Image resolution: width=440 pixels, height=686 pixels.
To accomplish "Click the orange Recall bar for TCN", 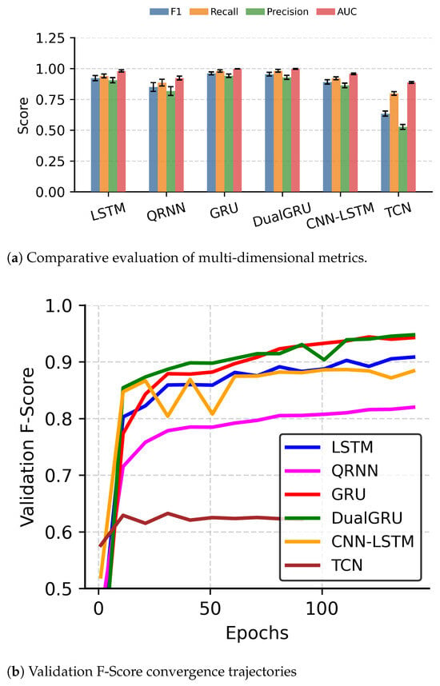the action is tap(394, 142).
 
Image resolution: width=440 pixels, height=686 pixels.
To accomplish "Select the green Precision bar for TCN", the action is tap(402, 159).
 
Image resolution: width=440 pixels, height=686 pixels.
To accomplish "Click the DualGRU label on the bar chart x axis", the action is tap(282, 214).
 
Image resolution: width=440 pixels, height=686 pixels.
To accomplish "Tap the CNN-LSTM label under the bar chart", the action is tap(340, 216).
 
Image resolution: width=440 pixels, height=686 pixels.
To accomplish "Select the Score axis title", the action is tap(22, 115).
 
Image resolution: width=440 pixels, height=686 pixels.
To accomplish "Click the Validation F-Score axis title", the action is tap(27, 447).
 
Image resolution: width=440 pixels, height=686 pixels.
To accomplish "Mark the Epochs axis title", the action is tap(257, 632).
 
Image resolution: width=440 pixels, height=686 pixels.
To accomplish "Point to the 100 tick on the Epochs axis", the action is tap(322, 608).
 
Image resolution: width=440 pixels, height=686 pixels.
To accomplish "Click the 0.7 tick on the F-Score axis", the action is tap(59, 475).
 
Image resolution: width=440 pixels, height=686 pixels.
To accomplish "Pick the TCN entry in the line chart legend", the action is tap(323, 565).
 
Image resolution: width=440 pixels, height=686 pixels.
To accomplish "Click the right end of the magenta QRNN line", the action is tap(414, 407).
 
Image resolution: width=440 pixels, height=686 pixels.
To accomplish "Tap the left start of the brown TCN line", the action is tap(100, 546).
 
